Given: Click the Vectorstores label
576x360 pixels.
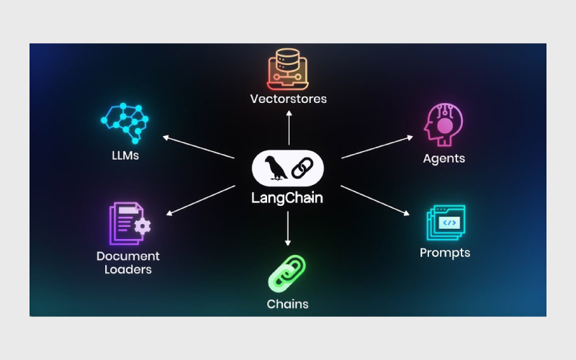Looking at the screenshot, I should pos(288,99).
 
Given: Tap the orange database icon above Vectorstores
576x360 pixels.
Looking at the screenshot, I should pos(288,67).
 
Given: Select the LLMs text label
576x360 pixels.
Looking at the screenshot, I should pos(125,156).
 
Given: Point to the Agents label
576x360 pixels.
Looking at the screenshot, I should pos(444,158).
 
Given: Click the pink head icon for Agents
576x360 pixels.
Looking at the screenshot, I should pos(442,125).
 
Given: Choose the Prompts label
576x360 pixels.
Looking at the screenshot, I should pos(445,253).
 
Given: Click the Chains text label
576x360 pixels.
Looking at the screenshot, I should pos(288,304).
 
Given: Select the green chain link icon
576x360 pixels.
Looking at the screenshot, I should pos(287,272).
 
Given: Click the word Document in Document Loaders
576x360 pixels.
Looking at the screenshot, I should pos(128,256).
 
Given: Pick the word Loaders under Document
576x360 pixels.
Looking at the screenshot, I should pos(128,270).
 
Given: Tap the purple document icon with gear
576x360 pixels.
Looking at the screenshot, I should pos(129,224).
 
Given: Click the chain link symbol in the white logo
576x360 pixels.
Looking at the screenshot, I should pos(302,168).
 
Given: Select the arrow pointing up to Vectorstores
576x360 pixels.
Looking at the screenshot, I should pos(288,130).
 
